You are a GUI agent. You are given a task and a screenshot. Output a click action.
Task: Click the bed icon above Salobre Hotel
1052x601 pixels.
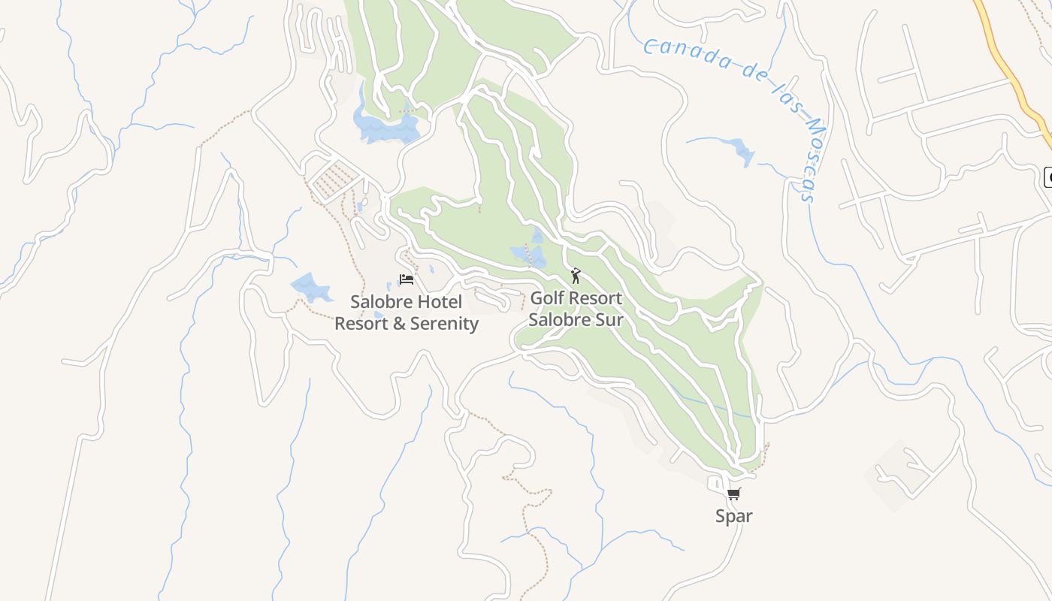click(407, 279)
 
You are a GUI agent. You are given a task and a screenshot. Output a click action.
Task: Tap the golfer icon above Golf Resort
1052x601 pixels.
click(576, 276)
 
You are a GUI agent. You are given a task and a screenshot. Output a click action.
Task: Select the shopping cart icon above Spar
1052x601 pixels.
click(734, 494)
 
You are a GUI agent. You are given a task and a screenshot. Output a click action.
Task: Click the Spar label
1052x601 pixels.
click(734, 516)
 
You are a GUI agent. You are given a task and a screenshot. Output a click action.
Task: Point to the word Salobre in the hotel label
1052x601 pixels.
click(379, 302)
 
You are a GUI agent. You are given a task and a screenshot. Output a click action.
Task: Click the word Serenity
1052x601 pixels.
click(444, 324)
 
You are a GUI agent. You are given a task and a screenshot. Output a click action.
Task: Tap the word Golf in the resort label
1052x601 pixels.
click(546, 298)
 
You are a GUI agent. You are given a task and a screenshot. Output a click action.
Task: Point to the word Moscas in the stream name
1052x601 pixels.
click(805, 155)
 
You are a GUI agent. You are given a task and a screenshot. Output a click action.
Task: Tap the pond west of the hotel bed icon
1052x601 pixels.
click(310, 286)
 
